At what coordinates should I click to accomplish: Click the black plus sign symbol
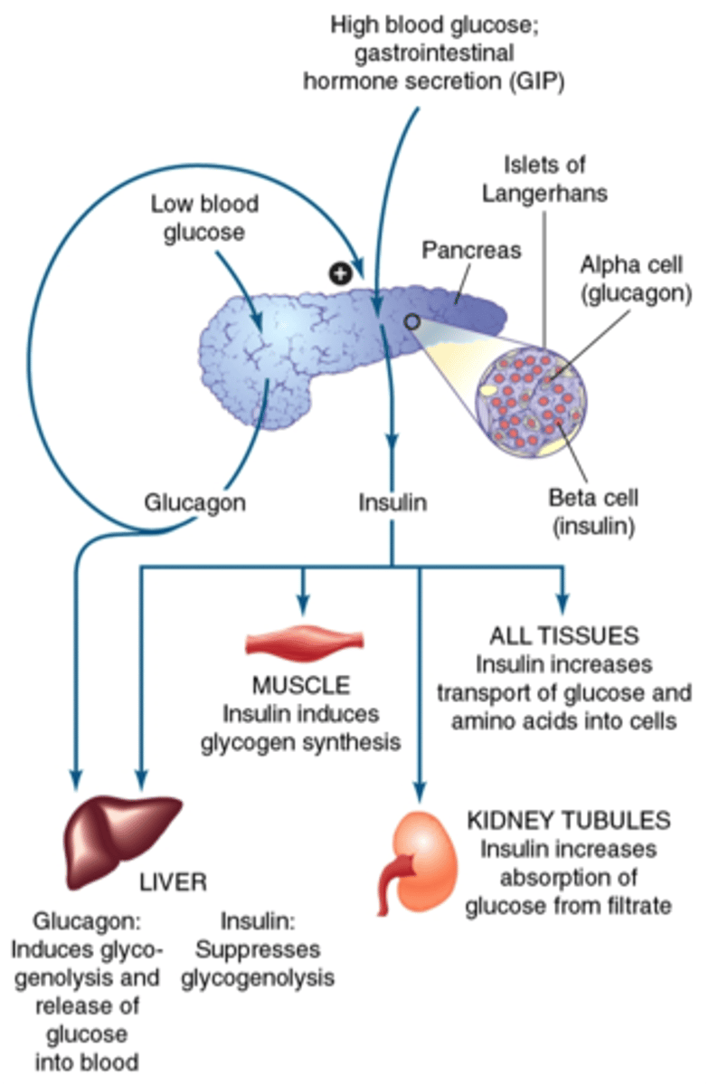point(340,272)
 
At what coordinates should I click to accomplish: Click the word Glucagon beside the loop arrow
point(194,502)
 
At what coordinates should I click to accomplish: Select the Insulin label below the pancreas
point(392,502)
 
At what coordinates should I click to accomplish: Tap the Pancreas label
point(472,249)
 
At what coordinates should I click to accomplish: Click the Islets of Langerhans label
point(544,179)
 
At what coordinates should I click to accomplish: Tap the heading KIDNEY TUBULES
point(569,821)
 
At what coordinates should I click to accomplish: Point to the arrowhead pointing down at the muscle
point(305,601)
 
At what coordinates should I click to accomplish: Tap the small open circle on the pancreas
point(411,321)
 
